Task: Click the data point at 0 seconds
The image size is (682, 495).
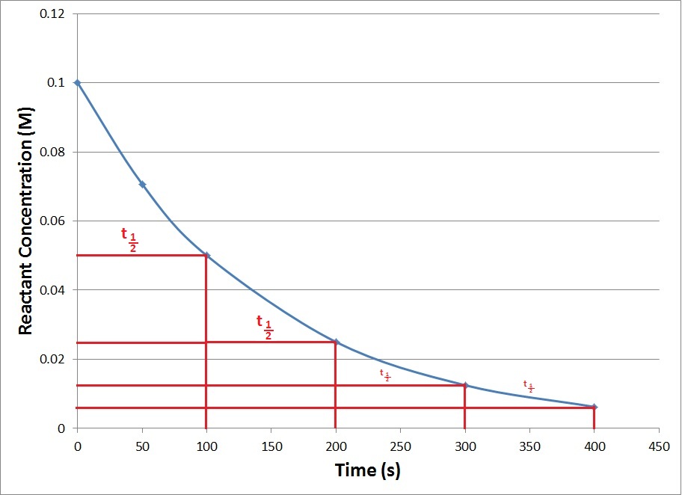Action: [x=77, y=82]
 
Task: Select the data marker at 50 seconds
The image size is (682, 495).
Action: [x=142, y=184]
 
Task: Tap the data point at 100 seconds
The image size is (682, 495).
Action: [x=207, y=256]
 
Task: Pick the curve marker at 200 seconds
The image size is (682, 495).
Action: [x=337, y=342]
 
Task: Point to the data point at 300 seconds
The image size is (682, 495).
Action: [x=465, y=385]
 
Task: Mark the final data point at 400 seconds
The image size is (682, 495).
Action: [x=595, y=407]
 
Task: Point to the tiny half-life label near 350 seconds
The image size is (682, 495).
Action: [x=529, y=386]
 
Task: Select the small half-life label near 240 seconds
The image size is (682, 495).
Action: [x=385, y=375]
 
